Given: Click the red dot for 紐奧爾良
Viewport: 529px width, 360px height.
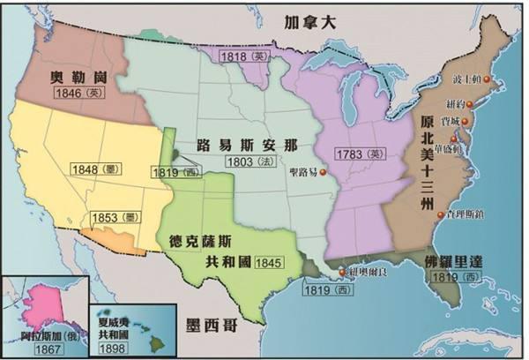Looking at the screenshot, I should pos(344,274).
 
